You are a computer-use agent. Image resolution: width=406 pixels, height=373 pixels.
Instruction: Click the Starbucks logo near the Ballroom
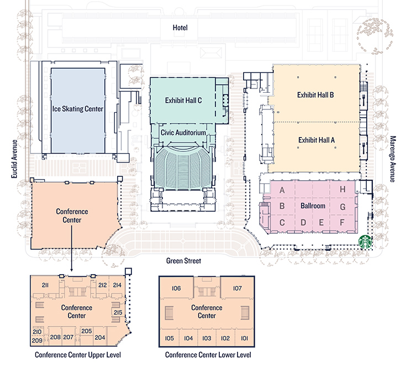click(x=365, y=241)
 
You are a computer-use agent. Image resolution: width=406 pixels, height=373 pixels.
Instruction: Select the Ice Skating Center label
click(x=77, y=109)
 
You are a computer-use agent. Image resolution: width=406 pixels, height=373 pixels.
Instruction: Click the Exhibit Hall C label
click(x=183, y=101)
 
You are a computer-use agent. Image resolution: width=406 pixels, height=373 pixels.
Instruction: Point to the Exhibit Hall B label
click(x=315, y=94)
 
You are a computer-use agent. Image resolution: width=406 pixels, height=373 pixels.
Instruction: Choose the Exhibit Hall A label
click(x=316, y=140)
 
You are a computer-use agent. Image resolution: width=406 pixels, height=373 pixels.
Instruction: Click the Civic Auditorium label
click(x=183, y=133)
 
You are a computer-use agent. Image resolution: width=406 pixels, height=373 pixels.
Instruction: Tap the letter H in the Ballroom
click(x=342, y=190)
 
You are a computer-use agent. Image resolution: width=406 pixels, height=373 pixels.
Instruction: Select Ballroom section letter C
click(x=282, y=223)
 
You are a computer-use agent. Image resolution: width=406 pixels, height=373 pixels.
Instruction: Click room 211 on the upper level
click(x=45, y=285)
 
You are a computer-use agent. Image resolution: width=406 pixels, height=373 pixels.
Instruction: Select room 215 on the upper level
click(x=118, y=313)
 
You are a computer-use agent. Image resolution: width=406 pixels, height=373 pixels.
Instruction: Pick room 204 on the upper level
click(x=100, y=337)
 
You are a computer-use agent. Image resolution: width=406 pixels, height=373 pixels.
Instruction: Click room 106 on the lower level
click(x=177, y=288)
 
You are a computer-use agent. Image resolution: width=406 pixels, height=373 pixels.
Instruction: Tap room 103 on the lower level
click(x=207, y=338)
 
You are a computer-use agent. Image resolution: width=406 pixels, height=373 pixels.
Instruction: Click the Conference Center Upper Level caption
click(x=77, y=355)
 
